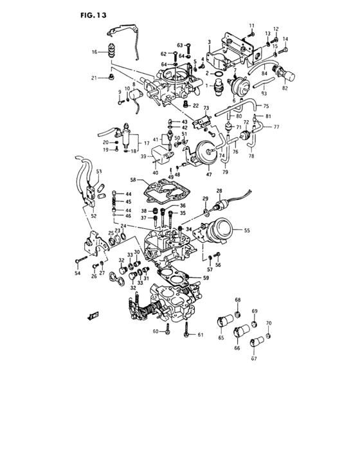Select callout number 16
[94, 52]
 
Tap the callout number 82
[284, 87]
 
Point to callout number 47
[208, 174]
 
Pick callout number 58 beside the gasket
[132, 181]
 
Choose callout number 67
[253, 358]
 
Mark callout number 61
[200, 334]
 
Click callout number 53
[100, 172]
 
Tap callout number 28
[219, 191]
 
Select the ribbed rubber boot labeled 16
[112, 51]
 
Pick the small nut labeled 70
[269, 336]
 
